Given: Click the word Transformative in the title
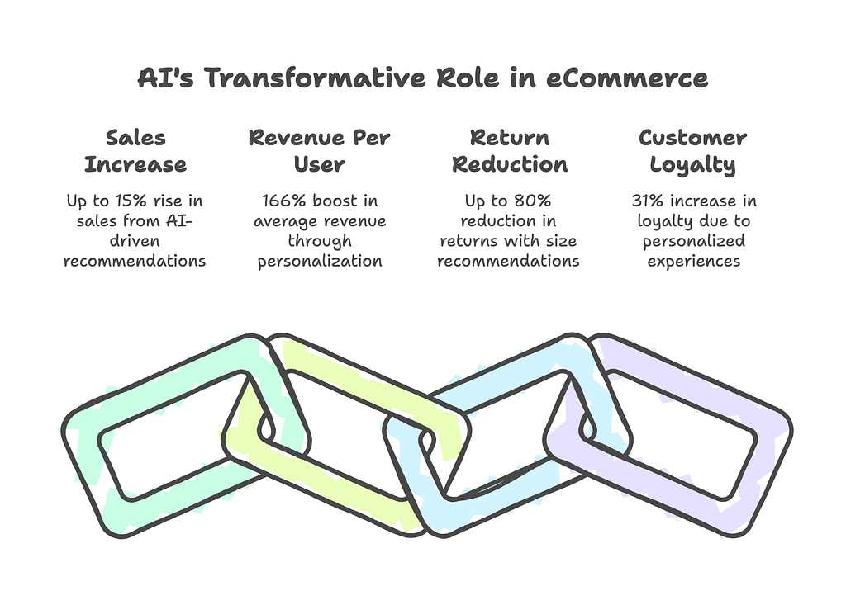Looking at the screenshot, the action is tap(315, 78).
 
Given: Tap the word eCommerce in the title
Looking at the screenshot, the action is tap(627, 78).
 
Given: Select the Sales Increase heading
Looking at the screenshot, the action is tap(135, 151).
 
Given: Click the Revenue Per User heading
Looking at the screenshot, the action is tap(320, 151).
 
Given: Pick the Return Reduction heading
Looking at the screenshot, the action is tap(510, 151).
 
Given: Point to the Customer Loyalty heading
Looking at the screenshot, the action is tap(693, 152).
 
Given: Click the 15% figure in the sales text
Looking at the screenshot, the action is tap(131, 201).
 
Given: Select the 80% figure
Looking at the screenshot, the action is tap(533, 201).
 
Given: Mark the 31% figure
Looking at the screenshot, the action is tap(648, 201).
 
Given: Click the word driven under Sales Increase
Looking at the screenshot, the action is tap(135, 240).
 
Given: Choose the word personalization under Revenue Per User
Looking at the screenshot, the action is tap(320, 262).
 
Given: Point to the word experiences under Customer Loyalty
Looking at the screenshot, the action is tap(694, 262).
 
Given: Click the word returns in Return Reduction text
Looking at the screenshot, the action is tap(465, 241).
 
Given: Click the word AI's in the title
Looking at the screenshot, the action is tap(165, 78).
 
